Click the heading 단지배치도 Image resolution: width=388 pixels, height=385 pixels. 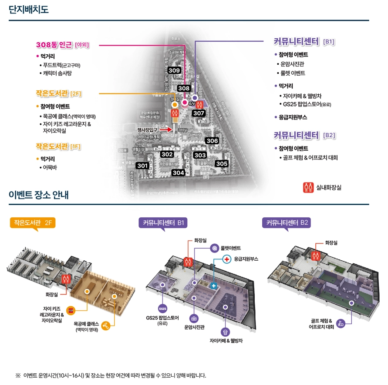point(29,10)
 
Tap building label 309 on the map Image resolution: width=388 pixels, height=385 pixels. point(174,70)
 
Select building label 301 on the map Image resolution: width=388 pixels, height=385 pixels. point(142,166)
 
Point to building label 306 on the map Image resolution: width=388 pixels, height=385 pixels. point(212,141)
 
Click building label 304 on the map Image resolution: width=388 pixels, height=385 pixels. point(178,173)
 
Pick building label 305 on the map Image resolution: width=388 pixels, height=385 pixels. point(222,163)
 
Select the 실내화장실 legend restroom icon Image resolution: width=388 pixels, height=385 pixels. point(308,187)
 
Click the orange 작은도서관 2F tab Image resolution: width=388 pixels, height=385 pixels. point(33,222)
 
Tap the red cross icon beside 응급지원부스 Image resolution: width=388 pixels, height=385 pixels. point(226,259)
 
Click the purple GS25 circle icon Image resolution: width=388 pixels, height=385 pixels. point(162,309)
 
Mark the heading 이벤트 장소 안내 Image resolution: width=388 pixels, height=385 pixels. point(39,194)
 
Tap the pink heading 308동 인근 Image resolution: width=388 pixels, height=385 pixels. point(55,44)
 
